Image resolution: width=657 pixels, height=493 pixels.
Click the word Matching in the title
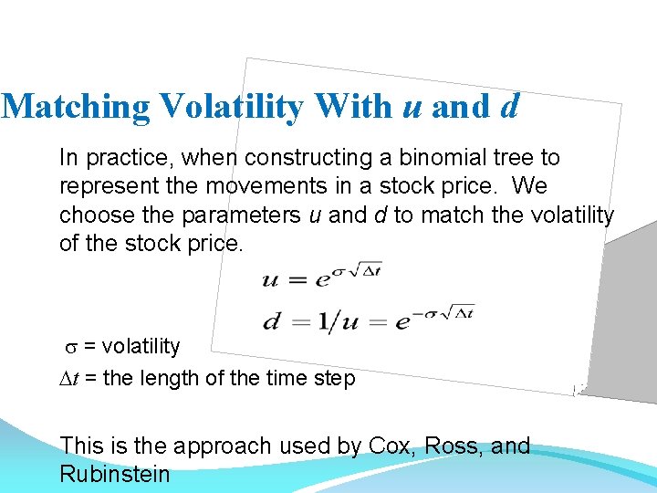78,107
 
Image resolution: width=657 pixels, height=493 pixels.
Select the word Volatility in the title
232,107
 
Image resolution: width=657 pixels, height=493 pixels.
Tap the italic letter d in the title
509,107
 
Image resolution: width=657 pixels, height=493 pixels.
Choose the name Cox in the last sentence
391,446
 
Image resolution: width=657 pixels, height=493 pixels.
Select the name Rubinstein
114,475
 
